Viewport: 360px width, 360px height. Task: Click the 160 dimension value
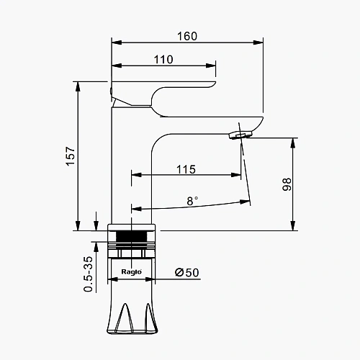tap(187, 36)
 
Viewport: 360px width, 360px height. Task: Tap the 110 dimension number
tap(163, 60)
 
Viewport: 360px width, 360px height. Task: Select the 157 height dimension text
tap(71, 156)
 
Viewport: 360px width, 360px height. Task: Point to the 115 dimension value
tap(186, 169)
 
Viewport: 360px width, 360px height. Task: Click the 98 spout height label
tap(287, 184)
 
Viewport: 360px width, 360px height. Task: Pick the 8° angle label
tap(192, 201)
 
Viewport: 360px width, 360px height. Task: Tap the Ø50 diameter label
tap(187, 272)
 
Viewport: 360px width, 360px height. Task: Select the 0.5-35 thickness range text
tap(88, 274)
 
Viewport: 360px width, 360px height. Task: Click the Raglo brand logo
tap(131, 271)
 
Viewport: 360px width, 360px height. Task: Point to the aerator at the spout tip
tap(240, 135)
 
